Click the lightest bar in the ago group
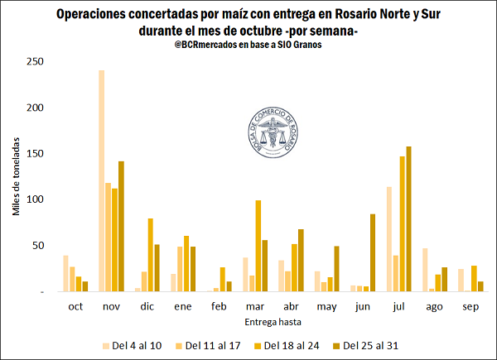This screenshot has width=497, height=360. pos(402,270)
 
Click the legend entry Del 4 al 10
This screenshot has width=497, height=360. pos(134,345)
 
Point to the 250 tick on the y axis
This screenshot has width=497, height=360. pos(35,61)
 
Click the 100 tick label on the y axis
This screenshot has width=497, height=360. pos(35,199)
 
